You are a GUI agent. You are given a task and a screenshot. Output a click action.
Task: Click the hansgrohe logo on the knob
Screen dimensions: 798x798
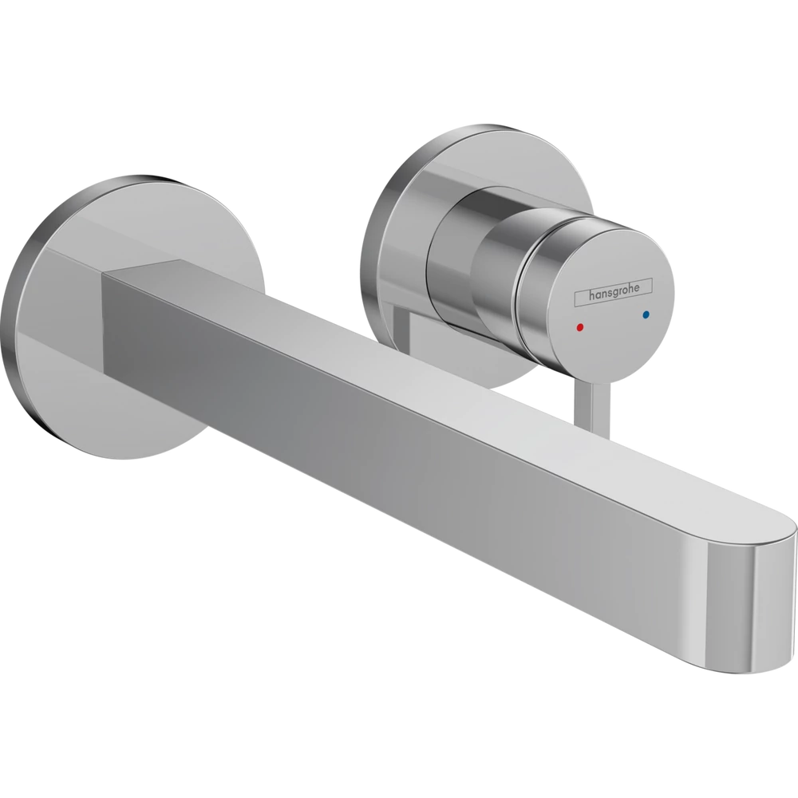(613, 293)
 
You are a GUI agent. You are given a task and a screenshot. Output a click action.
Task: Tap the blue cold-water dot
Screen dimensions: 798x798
(646, 314)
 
